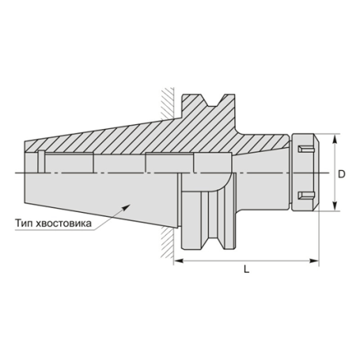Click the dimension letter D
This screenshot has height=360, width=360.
343,172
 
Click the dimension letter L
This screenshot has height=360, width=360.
247,271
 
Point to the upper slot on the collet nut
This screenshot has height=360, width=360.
303,147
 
